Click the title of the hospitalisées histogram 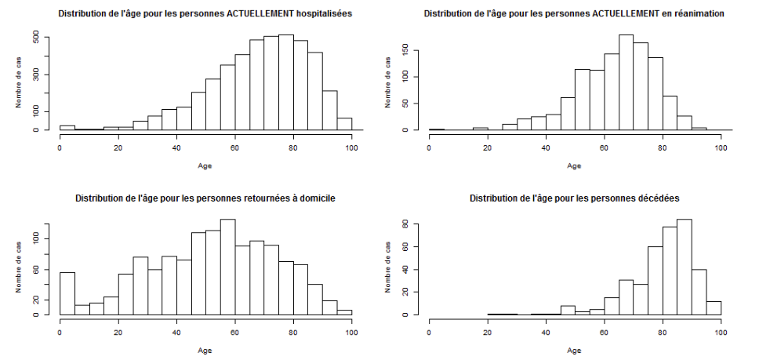pos(205,14)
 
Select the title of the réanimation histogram pos(574,14)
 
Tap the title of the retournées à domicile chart pos(205,198)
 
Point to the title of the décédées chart pos(574,198)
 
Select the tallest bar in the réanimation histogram pos(626,82)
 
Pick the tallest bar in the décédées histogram pos(684,267)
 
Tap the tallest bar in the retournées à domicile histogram pos(227,267)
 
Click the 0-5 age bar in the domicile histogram pos(67,293)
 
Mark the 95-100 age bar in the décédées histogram pos(714,307)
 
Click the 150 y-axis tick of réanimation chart pos(405,49)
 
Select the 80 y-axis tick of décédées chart pos(405,224)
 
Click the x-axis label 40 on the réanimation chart pos(546,147)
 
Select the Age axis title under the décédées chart pos(574,350)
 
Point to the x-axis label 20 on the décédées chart pos(487,332)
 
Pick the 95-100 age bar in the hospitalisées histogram pos(344,124)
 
